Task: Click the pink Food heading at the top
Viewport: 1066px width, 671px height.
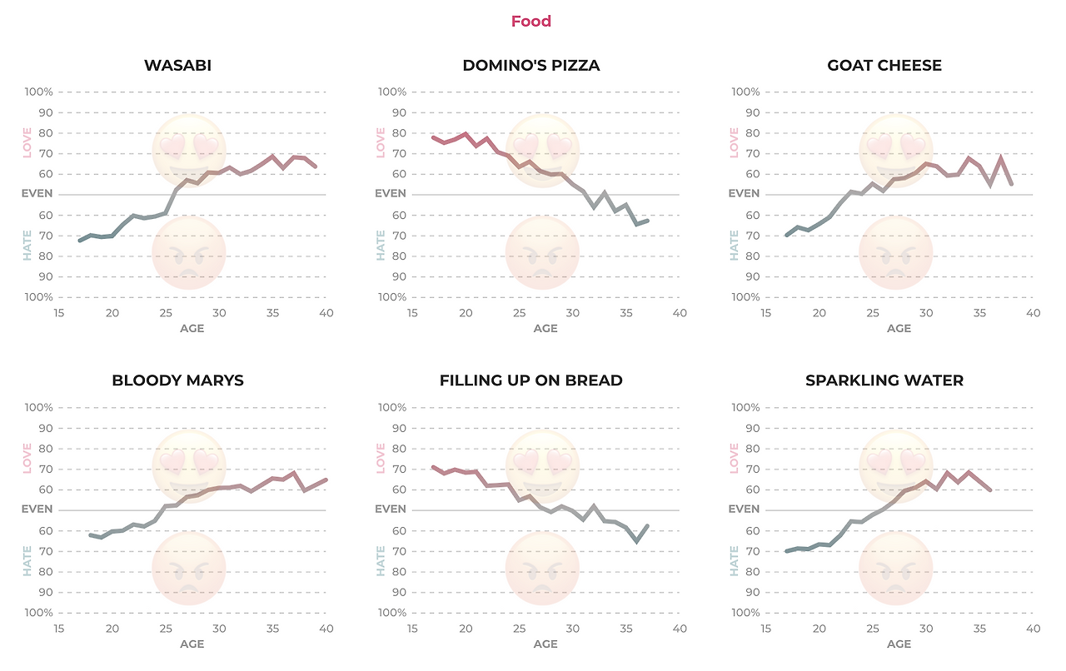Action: click(x=531, y=22)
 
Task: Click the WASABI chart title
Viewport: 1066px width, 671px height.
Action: click(x=177, y=65)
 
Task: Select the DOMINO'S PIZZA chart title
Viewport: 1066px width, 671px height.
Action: click(x=531, y=65)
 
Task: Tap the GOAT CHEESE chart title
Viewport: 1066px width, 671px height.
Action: click(x=884, y=65)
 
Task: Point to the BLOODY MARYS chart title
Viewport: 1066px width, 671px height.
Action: click(x=177, y=380)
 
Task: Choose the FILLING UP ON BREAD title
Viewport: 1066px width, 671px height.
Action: click(x=531, y=380)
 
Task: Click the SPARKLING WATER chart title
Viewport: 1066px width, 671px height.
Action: click(x=884, y=380)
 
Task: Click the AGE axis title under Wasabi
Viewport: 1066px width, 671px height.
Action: click(x=192, y=329)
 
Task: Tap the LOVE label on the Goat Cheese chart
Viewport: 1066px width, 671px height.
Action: click(x=735, y=142)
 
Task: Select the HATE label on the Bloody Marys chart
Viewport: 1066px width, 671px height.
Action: click(x=27, y=561)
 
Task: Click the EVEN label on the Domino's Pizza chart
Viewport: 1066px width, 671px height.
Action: click(x=390, y=193)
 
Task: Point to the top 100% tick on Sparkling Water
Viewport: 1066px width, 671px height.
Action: click(x=744, y=408)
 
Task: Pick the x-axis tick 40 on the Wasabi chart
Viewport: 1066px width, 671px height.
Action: click(x=326, y=313)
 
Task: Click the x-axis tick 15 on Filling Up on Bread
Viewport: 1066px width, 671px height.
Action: click(x=412, y=629)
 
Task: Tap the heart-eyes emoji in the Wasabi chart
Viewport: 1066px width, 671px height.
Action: click(x=189, y=150)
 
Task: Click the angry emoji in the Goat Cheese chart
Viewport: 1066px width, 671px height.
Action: click(x=895, y=252)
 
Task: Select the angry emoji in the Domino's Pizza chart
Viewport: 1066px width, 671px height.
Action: click(x=542, y=252)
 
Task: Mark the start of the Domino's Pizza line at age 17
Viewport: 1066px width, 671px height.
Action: click(x=433, y=137)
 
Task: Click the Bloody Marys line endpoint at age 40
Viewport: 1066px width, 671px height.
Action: click(x=326, y=480)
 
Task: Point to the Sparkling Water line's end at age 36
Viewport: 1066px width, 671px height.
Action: click(x=990, y=490)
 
